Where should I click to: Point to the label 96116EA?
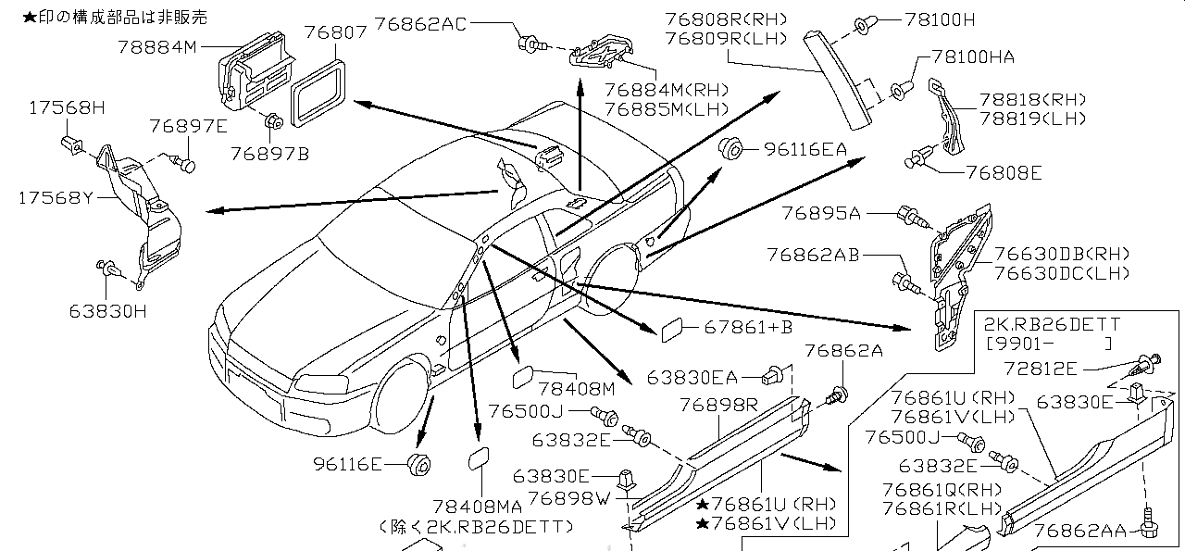805,147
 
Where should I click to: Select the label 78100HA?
972,57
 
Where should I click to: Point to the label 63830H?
107,311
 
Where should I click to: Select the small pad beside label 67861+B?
670,328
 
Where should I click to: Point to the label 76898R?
718,406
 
